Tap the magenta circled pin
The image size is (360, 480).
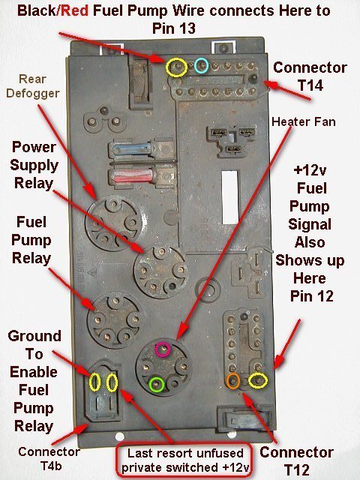coord(163,349)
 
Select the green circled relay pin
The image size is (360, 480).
coord(157,385)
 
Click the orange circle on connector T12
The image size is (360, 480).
coord(233,381)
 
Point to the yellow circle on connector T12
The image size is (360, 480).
coord(258,381)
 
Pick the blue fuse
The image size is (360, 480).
coord(133,149)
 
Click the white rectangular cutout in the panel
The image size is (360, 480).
coord(229,197)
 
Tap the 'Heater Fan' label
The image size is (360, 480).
coord(303,121)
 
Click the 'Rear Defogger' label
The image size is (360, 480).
coord(33,86)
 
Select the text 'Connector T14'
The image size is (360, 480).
coord(310,76)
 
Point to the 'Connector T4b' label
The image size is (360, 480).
coord(49,458)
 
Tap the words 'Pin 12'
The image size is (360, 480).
coord(312,296)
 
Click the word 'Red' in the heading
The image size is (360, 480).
coord(74,10)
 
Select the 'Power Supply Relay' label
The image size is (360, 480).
coord(34,165)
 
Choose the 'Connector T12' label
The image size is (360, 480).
coord(296,460)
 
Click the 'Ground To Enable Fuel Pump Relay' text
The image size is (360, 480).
coord(34,381)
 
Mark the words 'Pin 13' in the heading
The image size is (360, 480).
coord(173,28)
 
